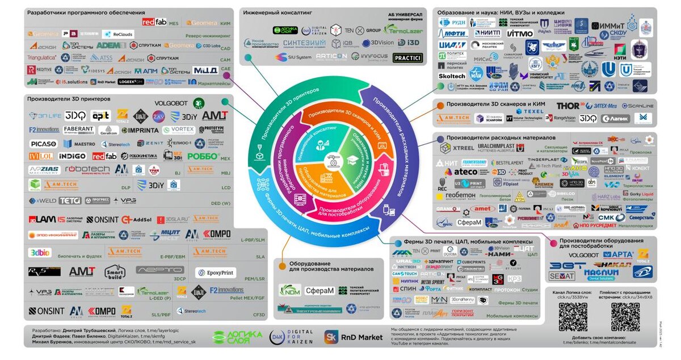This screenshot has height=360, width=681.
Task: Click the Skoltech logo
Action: point(452,76)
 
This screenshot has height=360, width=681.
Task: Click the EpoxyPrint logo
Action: point(216,273)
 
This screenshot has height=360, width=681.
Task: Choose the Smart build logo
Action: point(114,272)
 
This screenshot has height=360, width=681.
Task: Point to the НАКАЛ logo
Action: point(616,265)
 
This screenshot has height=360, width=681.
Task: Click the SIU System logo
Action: point(293,57)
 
